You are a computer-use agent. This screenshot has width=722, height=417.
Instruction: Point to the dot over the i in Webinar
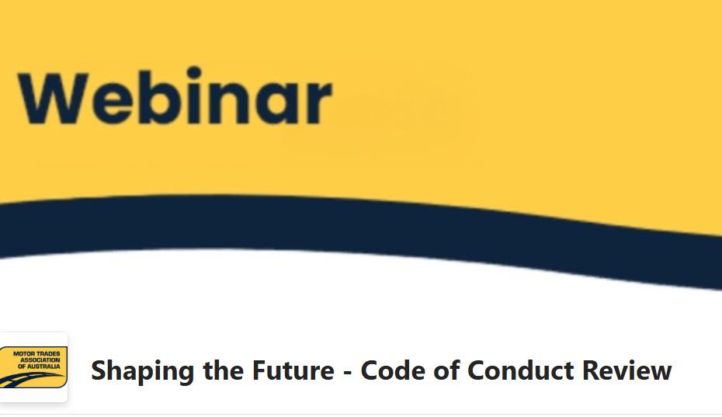tap(194, 73)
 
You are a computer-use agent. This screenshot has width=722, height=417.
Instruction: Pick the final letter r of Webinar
tap(318, 103)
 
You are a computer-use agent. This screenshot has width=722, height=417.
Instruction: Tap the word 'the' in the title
tap(223, 370)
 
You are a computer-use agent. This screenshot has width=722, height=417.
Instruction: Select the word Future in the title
tap(293, 370)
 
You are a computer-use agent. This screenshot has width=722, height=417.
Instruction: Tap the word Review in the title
tap(627, 370)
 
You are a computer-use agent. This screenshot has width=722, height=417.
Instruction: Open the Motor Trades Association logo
tap(33, 367)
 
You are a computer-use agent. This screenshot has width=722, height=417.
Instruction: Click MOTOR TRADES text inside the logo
tap(36, 354)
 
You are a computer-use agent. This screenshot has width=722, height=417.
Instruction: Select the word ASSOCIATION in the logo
tap(40, 360)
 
